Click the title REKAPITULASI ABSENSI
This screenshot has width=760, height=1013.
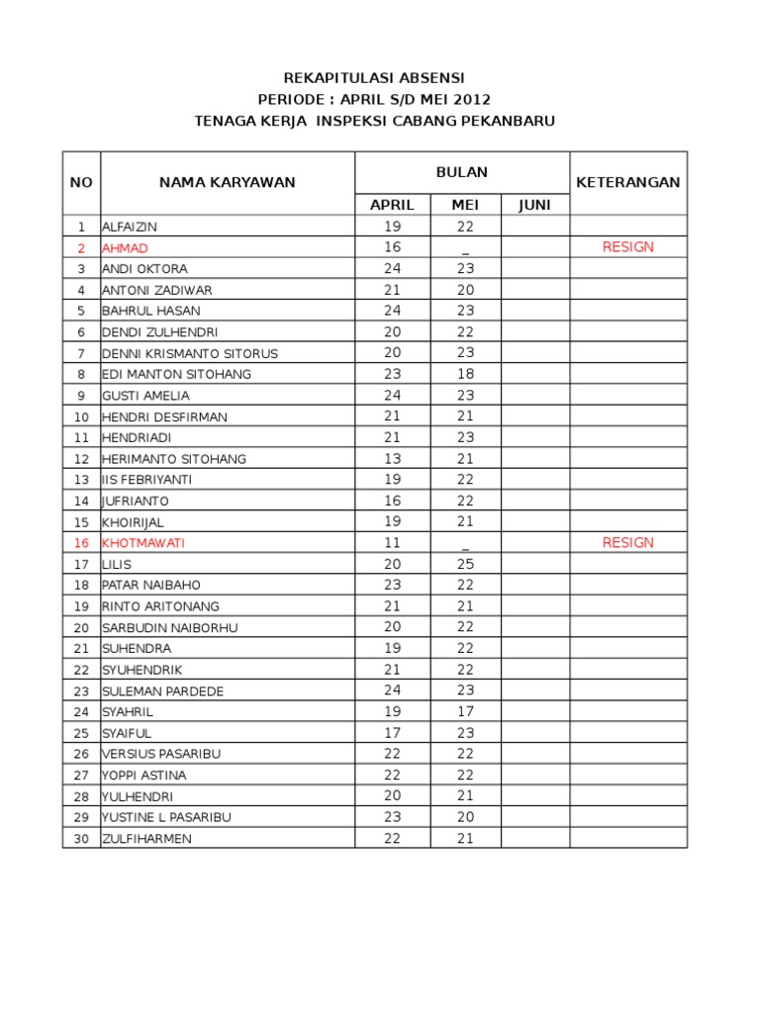click(x=374, y=77)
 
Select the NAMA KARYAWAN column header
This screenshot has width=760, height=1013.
click(x=228, y=182)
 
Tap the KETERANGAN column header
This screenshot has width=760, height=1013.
click(x=627, y=182)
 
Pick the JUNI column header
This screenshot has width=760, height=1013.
click(x=534, y=205)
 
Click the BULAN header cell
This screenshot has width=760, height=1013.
click(x=462, y=172)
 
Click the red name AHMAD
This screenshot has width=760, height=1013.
click(x=126, y=248)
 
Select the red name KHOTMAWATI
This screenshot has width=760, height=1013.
click(x=143, y=543)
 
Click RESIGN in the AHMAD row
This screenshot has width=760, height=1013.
click(x=627, y=247)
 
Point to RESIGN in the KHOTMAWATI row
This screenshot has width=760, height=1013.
click(x=627, y=542)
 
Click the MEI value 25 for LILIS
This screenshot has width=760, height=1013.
click(x=465, y=564)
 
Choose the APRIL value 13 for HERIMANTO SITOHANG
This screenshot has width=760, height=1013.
click(x=392, y=459)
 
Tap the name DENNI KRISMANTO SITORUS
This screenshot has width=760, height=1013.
click(x=190, y=353)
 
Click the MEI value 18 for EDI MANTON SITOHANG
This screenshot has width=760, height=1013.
click(x=465, y=374)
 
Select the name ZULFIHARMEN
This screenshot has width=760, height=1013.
click(x=146, y=839)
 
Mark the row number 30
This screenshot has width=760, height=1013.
click(x=81, y=839)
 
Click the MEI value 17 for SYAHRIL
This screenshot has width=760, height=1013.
click(x=465, y=711)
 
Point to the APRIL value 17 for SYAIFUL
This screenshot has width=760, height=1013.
click(x=392, y=733)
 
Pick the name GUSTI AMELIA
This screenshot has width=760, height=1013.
click(x=145, y=396)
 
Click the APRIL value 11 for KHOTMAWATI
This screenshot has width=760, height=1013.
click(x=392, y=543)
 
